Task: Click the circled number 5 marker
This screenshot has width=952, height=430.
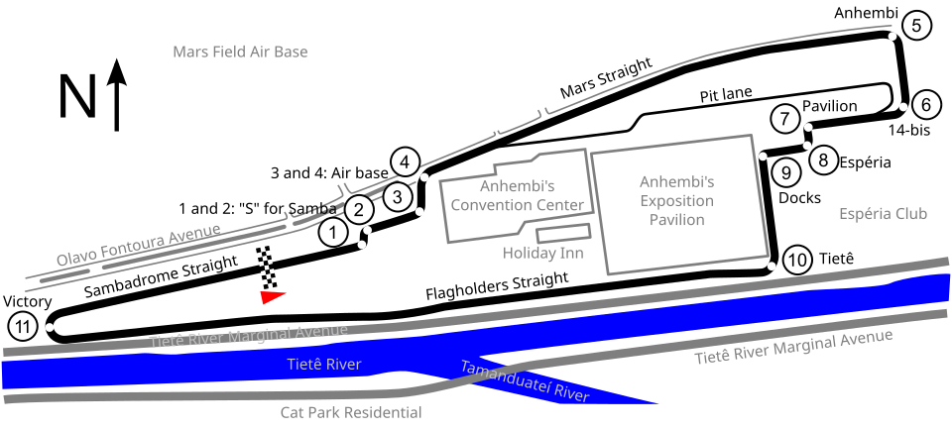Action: tap(917, 27)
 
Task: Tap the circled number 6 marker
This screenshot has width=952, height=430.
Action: tap(926, 104)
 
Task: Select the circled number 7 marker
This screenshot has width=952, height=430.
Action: tap(784, 120)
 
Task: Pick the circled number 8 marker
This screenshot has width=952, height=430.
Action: tap(822, 159)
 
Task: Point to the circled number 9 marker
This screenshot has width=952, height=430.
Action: tap(785, 173)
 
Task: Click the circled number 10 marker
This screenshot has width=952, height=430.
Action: tap(797, 261)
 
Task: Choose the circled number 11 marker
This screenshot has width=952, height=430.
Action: tap(22, 326)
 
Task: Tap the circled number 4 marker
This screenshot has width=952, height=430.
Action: tap(405, 161)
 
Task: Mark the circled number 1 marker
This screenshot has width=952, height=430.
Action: tap(333, 234)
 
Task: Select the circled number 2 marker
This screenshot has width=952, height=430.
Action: tap(359, 209)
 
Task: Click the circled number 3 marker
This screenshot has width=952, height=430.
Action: tap(397, 196)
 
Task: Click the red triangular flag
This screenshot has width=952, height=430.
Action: tap(272, 295)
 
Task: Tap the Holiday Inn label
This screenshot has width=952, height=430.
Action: tap(542, 254)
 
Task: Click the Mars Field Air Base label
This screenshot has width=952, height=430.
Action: tap(240, 52)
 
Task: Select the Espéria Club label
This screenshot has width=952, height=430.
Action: tap(883, 214)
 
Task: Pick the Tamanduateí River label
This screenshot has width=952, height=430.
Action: tap(525, 381)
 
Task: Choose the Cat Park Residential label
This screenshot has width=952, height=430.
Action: tap(351, 412)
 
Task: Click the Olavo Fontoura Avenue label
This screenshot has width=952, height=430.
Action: tap(139, 246)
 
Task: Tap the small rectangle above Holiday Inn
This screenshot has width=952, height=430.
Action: tap(563, 234)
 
